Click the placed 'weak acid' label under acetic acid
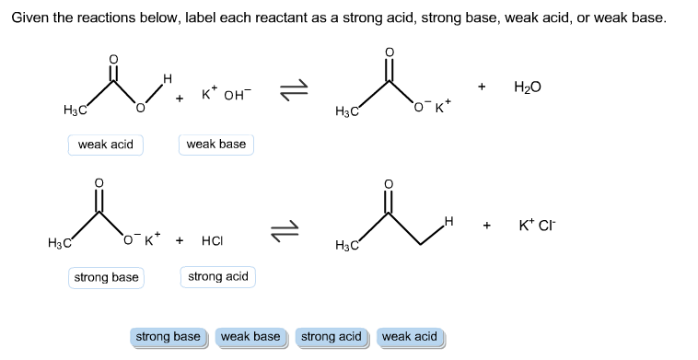[x=106, y=145]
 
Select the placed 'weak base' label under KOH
[x=216, y=145]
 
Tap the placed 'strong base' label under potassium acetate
[x=106, y=277]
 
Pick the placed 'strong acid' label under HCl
[x=218, y=277]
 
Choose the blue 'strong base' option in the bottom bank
[x=168, y=337]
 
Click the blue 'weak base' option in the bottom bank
[x=250, y=337]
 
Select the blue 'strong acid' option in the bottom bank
[x=332, y=337]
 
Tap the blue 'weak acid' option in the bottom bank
[x=410, y=337]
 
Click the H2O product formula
[x=528, y=87]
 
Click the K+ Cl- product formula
[x=539, y=225]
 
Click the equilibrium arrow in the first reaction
[x=294, y=88]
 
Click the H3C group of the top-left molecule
[x=74, y=111]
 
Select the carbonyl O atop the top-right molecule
[x=388, y=51]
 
